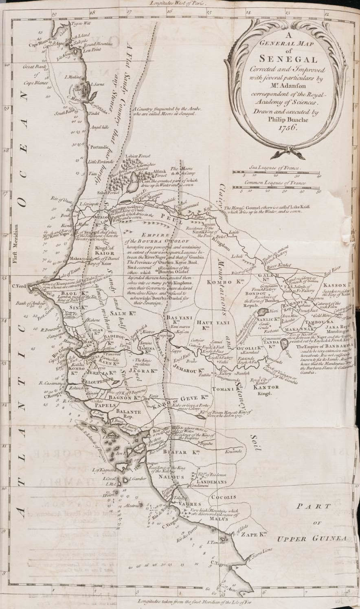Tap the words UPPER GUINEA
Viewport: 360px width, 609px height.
tap(312, 539)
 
